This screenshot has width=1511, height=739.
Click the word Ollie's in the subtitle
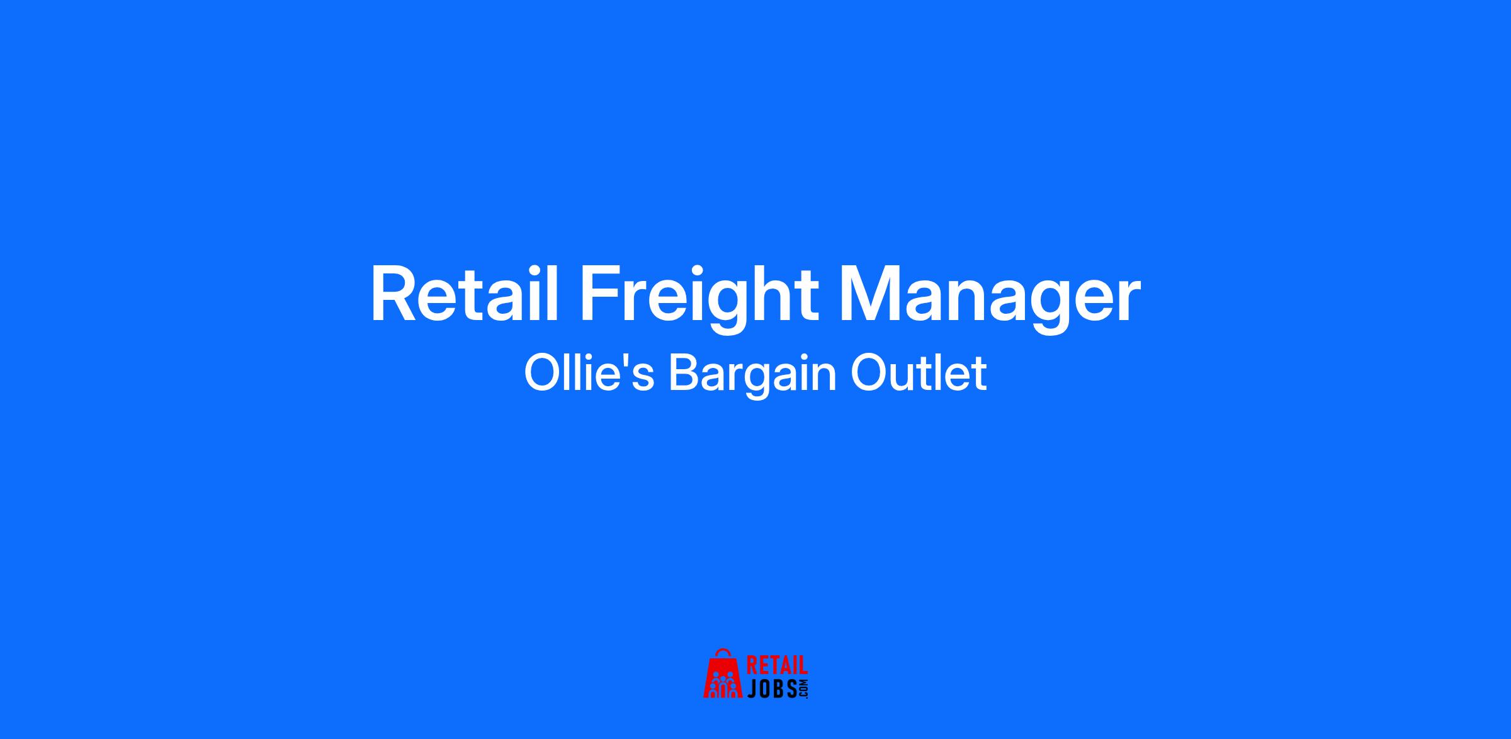point(589,373)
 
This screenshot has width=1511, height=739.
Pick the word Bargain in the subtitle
point(752,377)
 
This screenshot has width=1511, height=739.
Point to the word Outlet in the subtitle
point(919,374)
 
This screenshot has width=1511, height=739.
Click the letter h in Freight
point(770,294)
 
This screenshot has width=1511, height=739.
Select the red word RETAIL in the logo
point(777,667)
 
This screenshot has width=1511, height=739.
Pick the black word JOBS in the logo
point(772,689)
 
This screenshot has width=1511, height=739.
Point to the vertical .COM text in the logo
point(803,689)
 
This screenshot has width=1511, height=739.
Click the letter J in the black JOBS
point(752,689)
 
